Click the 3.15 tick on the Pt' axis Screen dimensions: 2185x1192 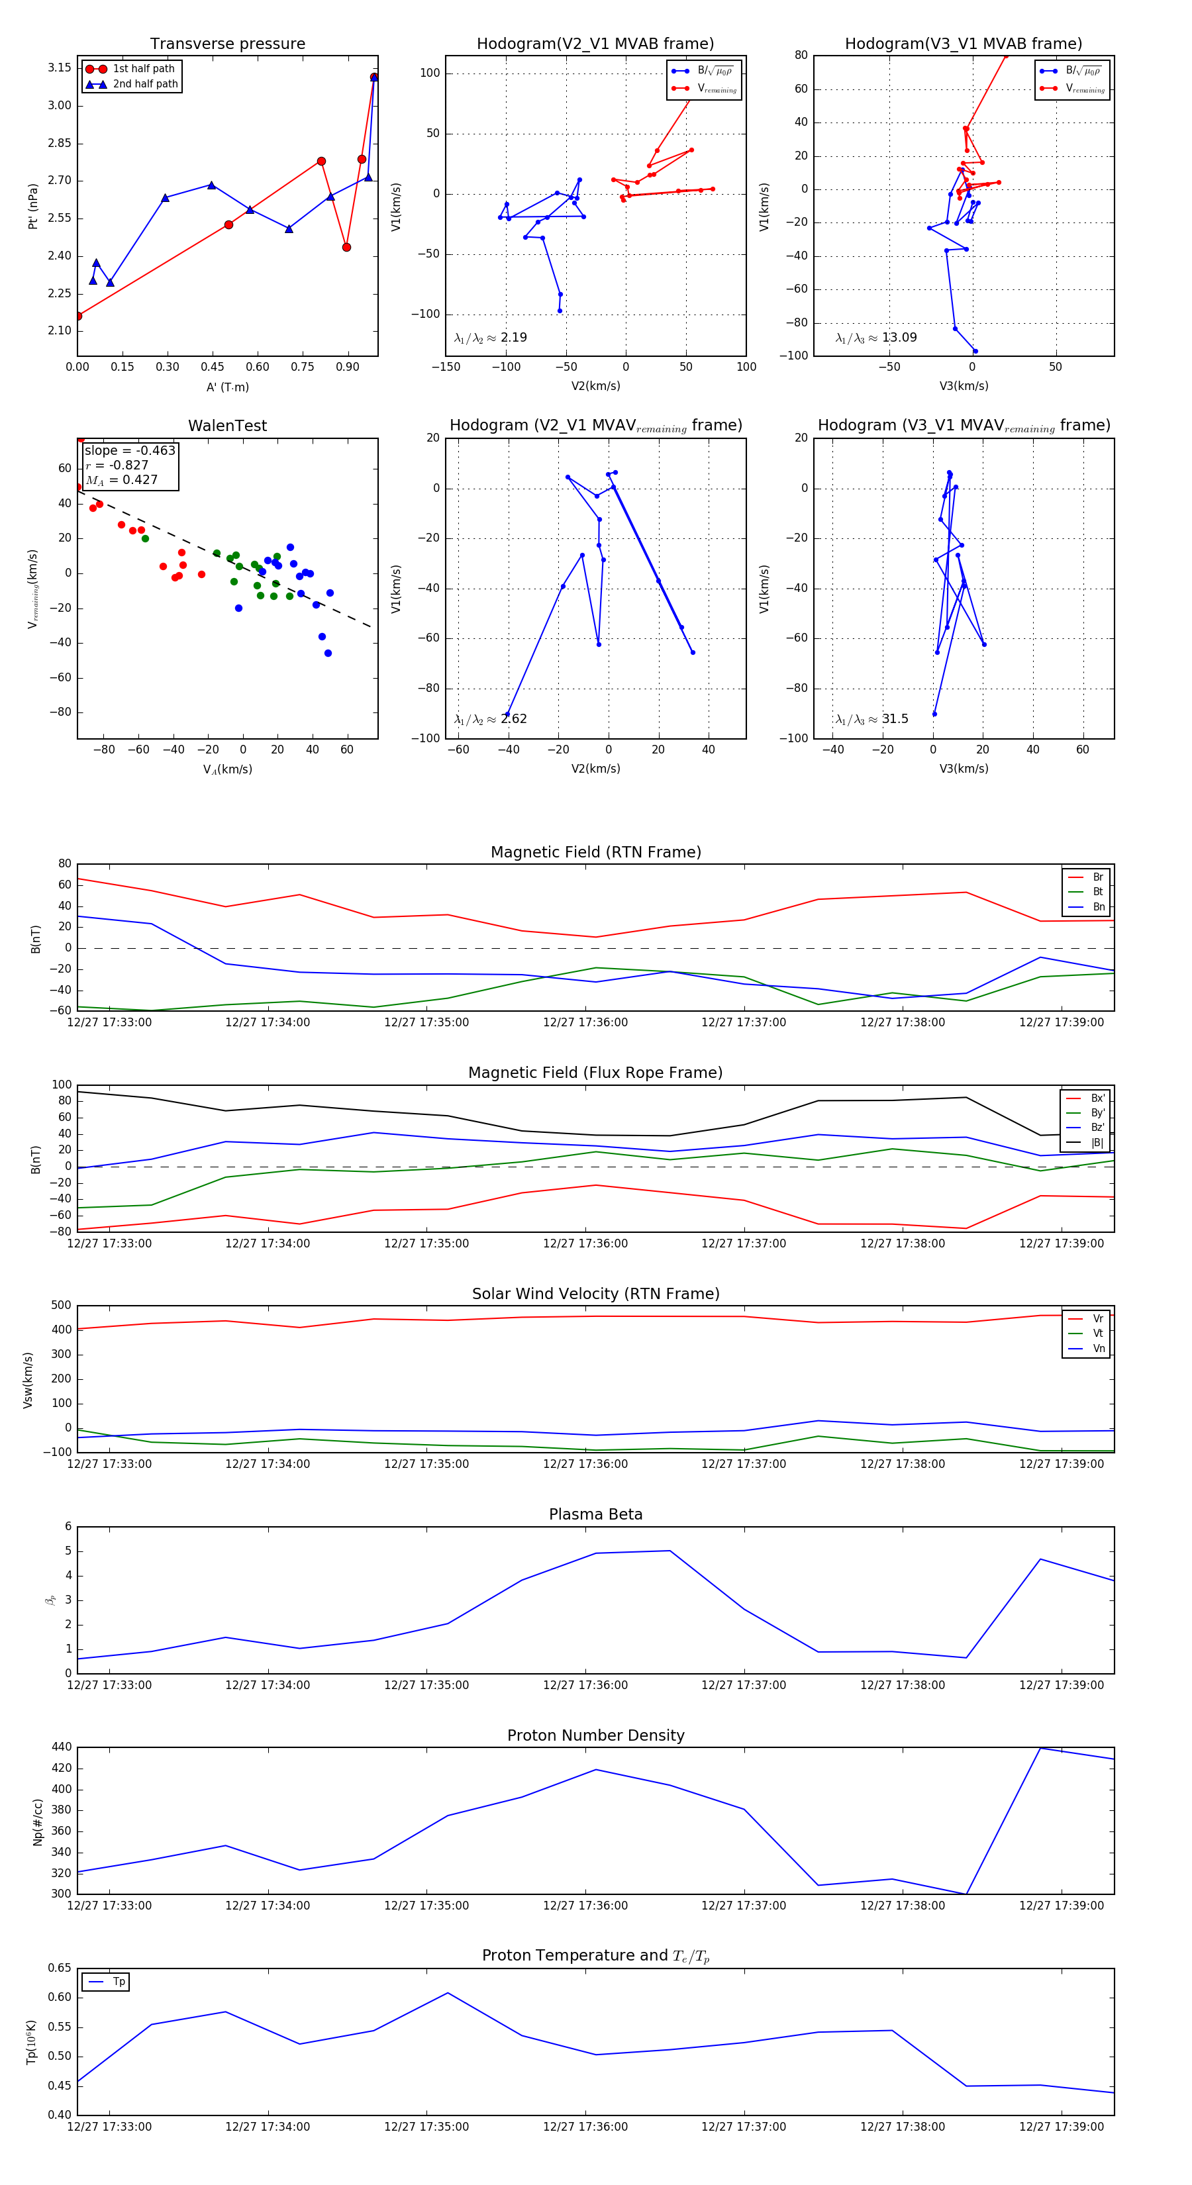pos(60,68)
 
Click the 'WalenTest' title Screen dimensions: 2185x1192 pos(227,426)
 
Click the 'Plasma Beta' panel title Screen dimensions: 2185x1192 pos(595,1514)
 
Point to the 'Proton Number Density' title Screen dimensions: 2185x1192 pos(595,1735)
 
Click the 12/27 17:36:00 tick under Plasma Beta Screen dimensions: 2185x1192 pos(585,1685)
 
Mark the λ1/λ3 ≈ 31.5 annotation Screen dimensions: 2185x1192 pos(871,719)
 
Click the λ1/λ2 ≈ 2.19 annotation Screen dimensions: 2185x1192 pos(490,338)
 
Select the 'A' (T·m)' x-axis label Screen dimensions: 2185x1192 pos(227,387)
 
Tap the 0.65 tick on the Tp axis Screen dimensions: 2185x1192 pos(60,1968)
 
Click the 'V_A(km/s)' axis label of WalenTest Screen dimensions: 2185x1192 pos(227,769)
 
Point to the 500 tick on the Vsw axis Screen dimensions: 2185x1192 pos(61,1306)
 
